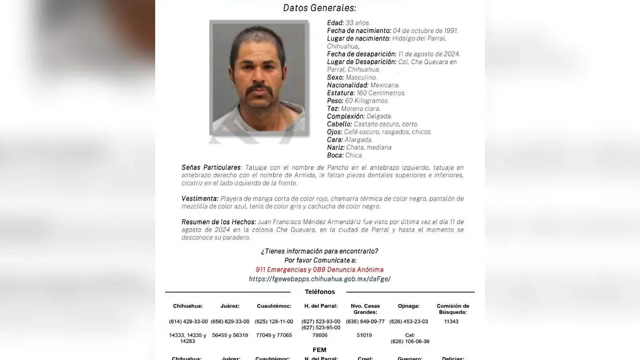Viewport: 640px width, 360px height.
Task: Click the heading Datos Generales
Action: pyautogui.click(x=319, y=8)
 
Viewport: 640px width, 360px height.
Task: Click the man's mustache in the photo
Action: pyautogui.click(x=260, y=90)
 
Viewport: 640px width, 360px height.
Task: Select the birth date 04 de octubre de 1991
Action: pyautogui.click(x=425, y=31)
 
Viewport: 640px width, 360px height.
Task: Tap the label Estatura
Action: pyautogui.click(x=341, y=93)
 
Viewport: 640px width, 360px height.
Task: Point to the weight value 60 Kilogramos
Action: pyautogui.click(x=367, y=101)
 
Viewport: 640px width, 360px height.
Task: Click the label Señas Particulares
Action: pyautogui.click(x=211, y=167)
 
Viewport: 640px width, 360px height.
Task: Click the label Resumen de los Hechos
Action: pyautogui.click(x=218, y=222)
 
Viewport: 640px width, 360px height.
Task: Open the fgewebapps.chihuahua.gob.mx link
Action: pyautogui.click(x=319, y=279)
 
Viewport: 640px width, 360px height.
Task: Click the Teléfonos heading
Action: pyautogui.click(x=320, y=292)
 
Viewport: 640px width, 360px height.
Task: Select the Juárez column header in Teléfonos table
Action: pyautogui.click(x=230, y=306)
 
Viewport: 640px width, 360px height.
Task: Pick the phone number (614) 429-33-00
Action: pyautogui.click(x=188, y=322)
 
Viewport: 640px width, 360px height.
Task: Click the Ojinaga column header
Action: pyautogui.click(x=409, y=306)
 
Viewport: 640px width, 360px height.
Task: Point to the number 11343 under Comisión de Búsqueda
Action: pyautogui.click(x=451, y=322)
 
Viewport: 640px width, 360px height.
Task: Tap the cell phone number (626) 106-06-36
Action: pyautogui.click(x=410, y=341)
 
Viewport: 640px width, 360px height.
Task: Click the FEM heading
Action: pyautogui.click(x=319, y=350)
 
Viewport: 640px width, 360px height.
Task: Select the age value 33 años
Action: pyautogui.click(x=358, y=23)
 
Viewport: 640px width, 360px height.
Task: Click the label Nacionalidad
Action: pyautogui.click(x=348, y=85)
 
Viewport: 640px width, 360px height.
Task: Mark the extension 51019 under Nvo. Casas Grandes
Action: pyautogui.click(x=364, y=335)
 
